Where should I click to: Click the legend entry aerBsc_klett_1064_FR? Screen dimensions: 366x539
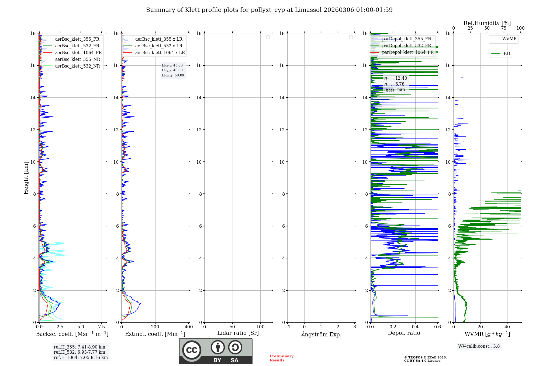click(78, 53)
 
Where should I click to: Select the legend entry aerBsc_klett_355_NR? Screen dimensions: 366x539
click(78, 59)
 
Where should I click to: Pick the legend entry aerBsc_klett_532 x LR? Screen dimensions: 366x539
click(158, 46)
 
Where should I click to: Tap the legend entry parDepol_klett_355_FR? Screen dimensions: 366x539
click(406, 39)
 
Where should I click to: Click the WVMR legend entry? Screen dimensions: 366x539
click(509, 39)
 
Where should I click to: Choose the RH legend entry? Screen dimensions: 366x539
click(507, 54)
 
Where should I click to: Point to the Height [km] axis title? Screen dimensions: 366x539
click(26, 178)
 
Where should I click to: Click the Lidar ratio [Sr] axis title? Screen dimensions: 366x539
click(238, 333)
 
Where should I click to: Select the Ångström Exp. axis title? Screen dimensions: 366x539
click(321, 335)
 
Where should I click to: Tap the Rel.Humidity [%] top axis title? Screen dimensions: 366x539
click(487, 23)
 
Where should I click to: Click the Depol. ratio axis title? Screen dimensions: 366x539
click(404, 333)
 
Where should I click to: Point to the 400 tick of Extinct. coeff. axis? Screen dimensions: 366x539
click(189, 327)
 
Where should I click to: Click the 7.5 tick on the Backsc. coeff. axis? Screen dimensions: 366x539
click(102, 327)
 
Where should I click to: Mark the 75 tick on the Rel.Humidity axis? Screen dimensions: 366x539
click(503, 28)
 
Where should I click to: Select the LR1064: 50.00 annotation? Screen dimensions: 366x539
click(173, 75)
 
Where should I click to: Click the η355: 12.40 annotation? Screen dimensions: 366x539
click(396, 78)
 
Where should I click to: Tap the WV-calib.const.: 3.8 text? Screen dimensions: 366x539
click(479, 346)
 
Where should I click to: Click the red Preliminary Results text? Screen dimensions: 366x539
click(281, 358)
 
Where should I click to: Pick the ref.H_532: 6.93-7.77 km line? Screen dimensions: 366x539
click(80, 352)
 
